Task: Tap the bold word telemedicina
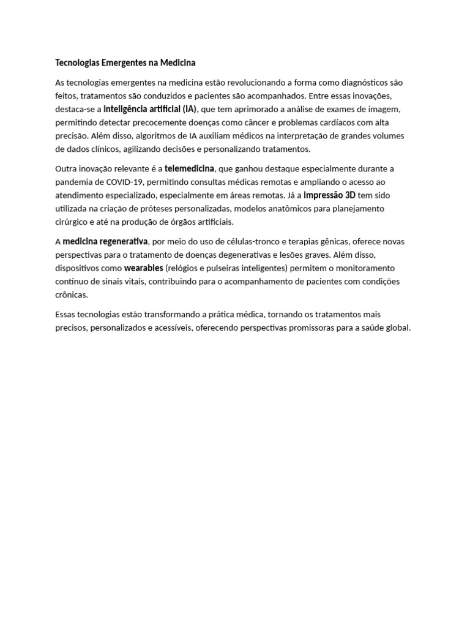point(189,168)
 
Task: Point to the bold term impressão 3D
point(330,195)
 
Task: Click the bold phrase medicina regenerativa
point(105,241)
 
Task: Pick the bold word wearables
point(143,268)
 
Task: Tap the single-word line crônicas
point(72,295)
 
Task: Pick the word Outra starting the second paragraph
point(67,168)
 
